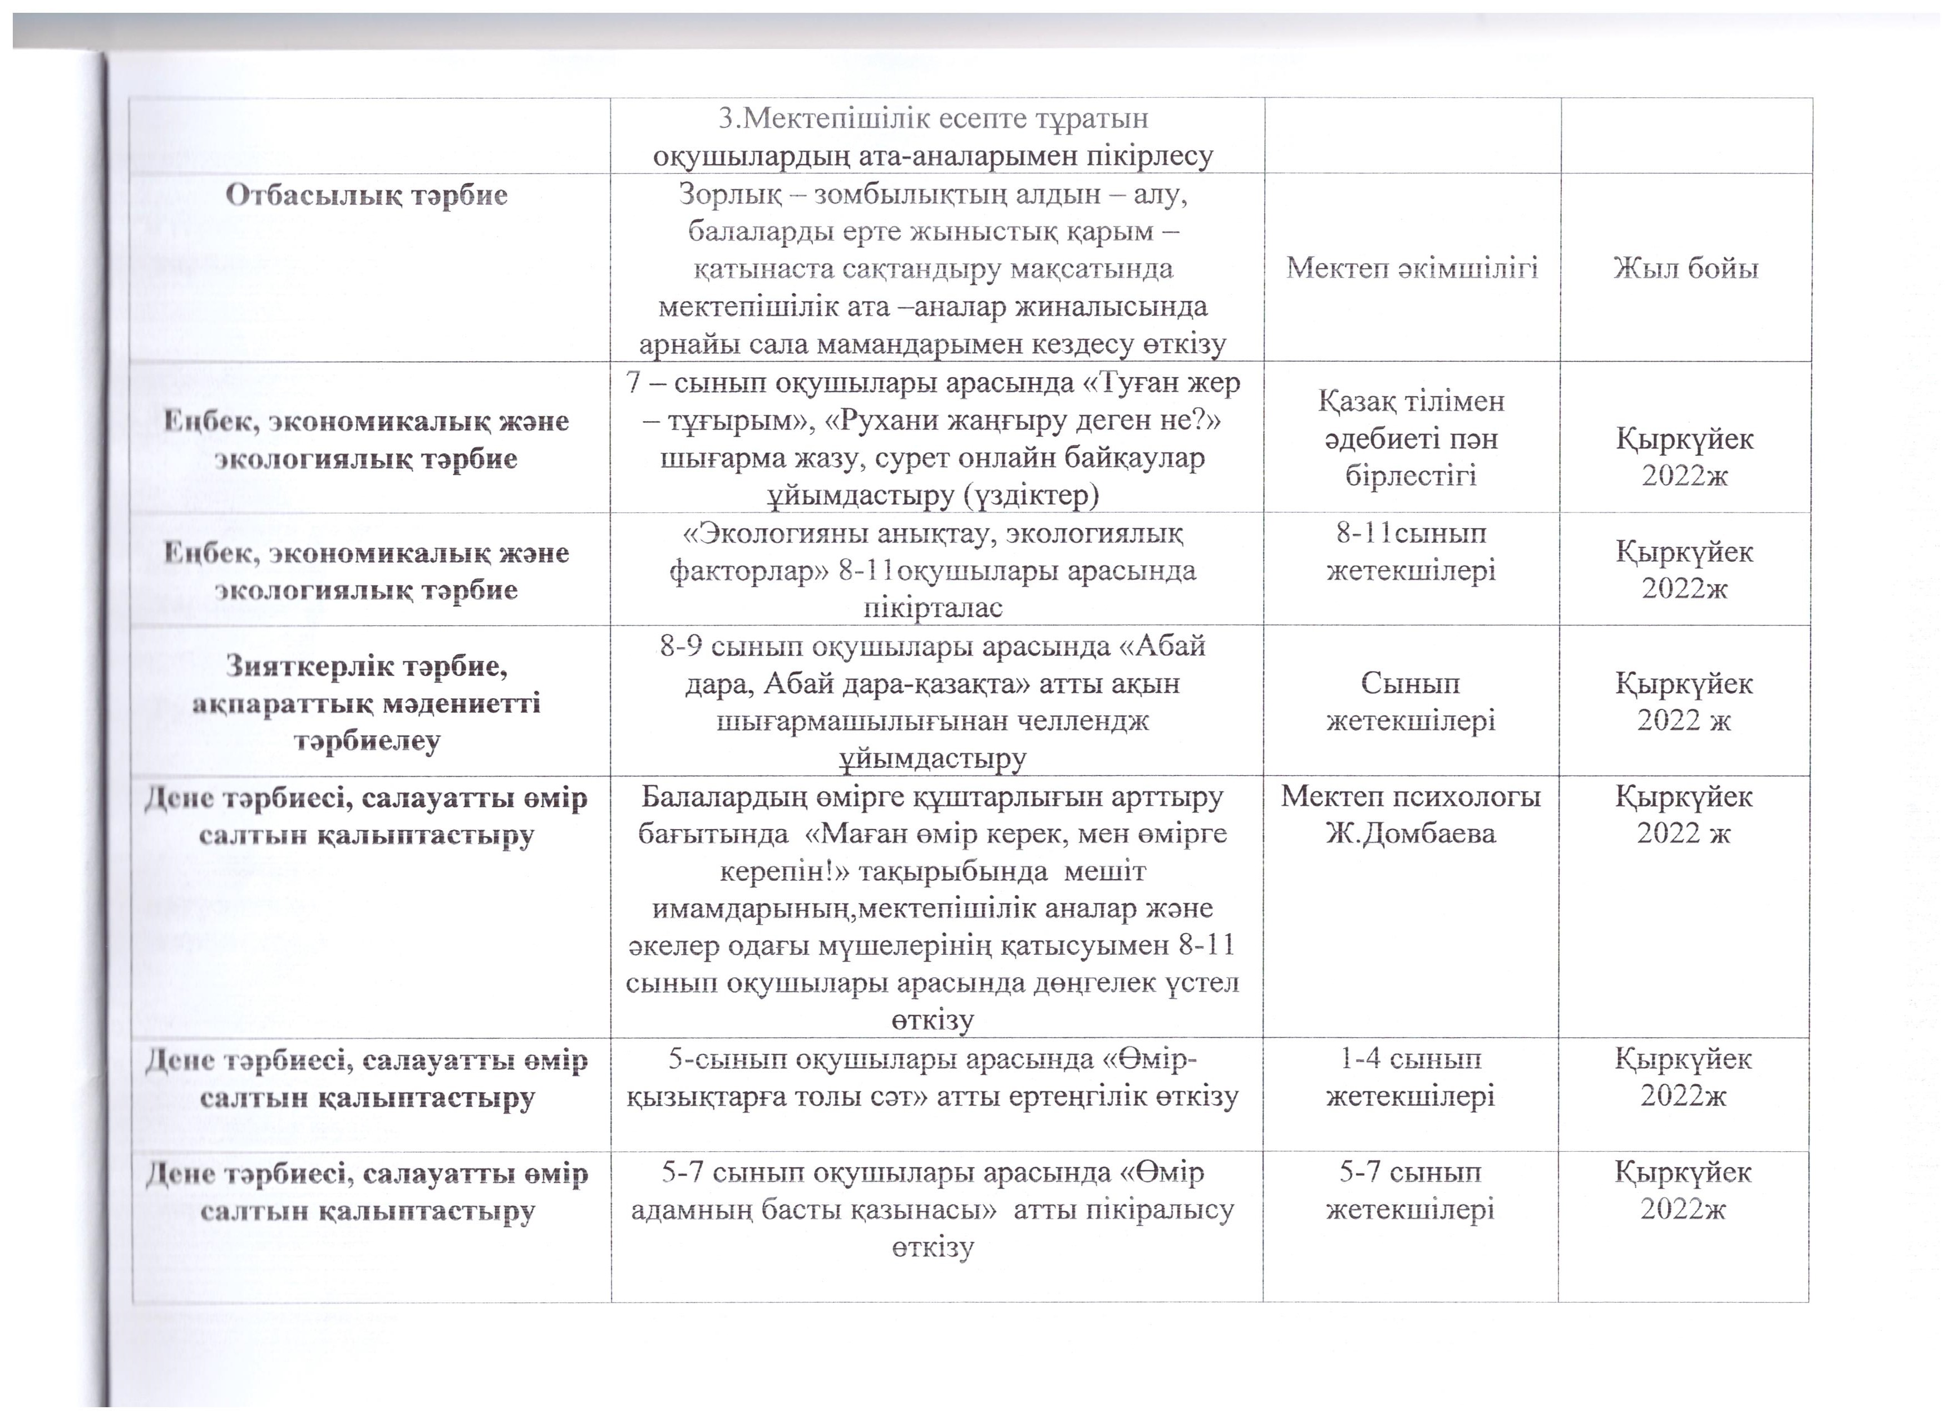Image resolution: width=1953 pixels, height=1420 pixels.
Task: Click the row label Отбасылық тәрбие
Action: pos(367,195)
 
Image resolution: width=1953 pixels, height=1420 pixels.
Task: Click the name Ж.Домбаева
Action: pos(1410,834)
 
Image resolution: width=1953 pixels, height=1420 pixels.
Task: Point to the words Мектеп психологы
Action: pos(1410,797)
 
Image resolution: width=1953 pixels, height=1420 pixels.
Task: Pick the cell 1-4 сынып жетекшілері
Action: pos(1410,1077)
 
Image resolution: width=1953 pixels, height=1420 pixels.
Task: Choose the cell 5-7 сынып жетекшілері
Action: pos(1410,1191)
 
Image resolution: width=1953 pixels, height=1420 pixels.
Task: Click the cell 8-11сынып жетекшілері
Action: pos(1410,552)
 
